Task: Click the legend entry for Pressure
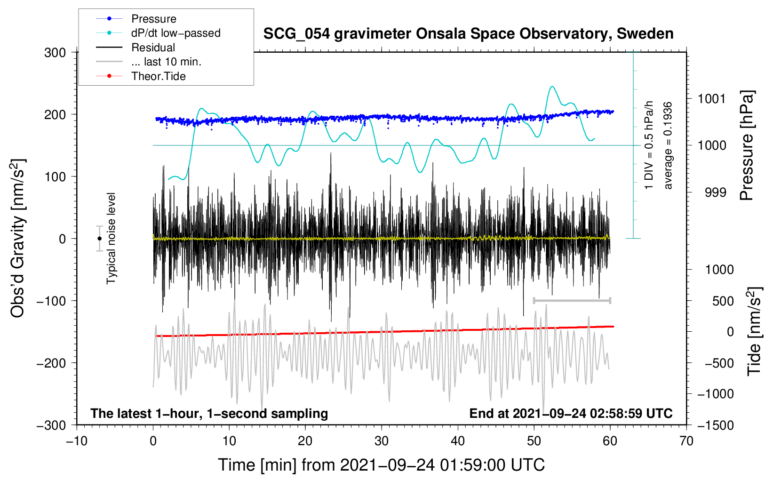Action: [153, 19]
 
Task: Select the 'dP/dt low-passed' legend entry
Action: [175, 33]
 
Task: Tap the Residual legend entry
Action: [153, 48]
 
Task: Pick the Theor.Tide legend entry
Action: [158, 76]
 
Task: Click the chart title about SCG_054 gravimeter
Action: [468, 34]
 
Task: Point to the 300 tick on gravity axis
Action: [55, 53]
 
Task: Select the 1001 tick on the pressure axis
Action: [712, 99]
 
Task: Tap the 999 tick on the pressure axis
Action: [715, 192]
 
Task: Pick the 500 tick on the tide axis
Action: [723, 301]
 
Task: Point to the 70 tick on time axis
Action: [686, 441]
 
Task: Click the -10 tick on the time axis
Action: [77, 441]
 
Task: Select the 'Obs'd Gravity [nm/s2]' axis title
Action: [18, 239]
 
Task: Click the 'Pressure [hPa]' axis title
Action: [747, 146]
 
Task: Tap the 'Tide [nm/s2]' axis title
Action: [754, 331]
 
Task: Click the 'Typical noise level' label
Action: [111, 238]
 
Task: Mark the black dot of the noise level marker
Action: [99, 239]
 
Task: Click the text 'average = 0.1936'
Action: [668, 145]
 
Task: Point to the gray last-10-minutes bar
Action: [572, 300]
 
